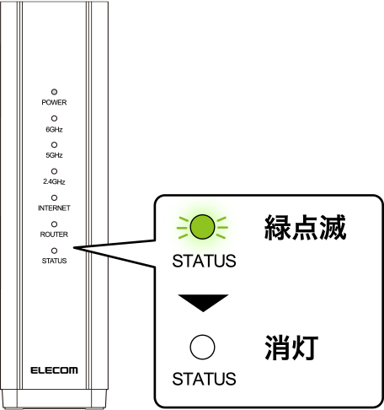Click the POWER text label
pos(54,102)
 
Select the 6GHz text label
pos(54,129)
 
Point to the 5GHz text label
pos(54,155)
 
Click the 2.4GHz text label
pos(54,181)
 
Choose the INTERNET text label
pos(54,208)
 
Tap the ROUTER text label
pos(54,235)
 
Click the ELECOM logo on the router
pos(54,370)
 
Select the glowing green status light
pos(202,227)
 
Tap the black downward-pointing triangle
pos(203,303)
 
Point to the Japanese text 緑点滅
pos(305,227)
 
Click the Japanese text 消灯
pos(291,348)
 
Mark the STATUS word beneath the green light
pos(204,261)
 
